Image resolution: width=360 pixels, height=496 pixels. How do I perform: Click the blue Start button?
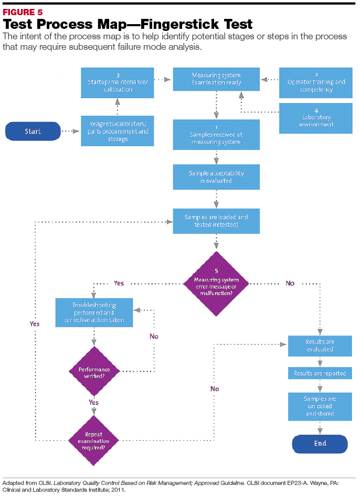(x=33, y=131)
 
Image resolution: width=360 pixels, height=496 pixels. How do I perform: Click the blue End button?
(x=320, y=443)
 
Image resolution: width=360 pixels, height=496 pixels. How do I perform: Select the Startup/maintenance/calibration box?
(x=117, y=82)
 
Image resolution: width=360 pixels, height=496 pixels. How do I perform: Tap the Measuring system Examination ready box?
(x=216, y=79)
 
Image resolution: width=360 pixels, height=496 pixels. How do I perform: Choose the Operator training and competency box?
(x=316, y=82)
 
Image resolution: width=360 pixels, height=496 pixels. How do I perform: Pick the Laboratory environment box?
(x=316, y=118)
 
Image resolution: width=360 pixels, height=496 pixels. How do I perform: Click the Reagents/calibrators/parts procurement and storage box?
(x=117, y=131)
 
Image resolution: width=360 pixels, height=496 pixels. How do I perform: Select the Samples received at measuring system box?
(x=216, y=135)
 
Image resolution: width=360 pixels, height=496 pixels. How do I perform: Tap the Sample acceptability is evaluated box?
(x=216, y=177)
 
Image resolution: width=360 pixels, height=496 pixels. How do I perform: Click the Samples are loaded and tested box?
(x=216, y=221)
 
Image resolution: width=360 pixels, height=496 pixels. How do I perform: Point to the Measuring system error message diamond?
(x=216, y=283)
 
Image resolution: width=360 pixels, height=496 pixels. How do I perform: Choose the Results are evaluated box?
(x=320, y=346)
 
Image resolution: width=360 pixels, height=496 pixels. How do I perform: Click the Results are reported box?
(x=320, y=373)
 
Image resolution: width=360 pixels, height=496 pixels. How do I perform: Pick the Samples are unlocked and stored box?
(x=320, y=406)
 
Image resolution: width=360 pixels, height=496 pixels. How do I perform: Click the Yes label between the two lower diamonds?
(x=93, y=403)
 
